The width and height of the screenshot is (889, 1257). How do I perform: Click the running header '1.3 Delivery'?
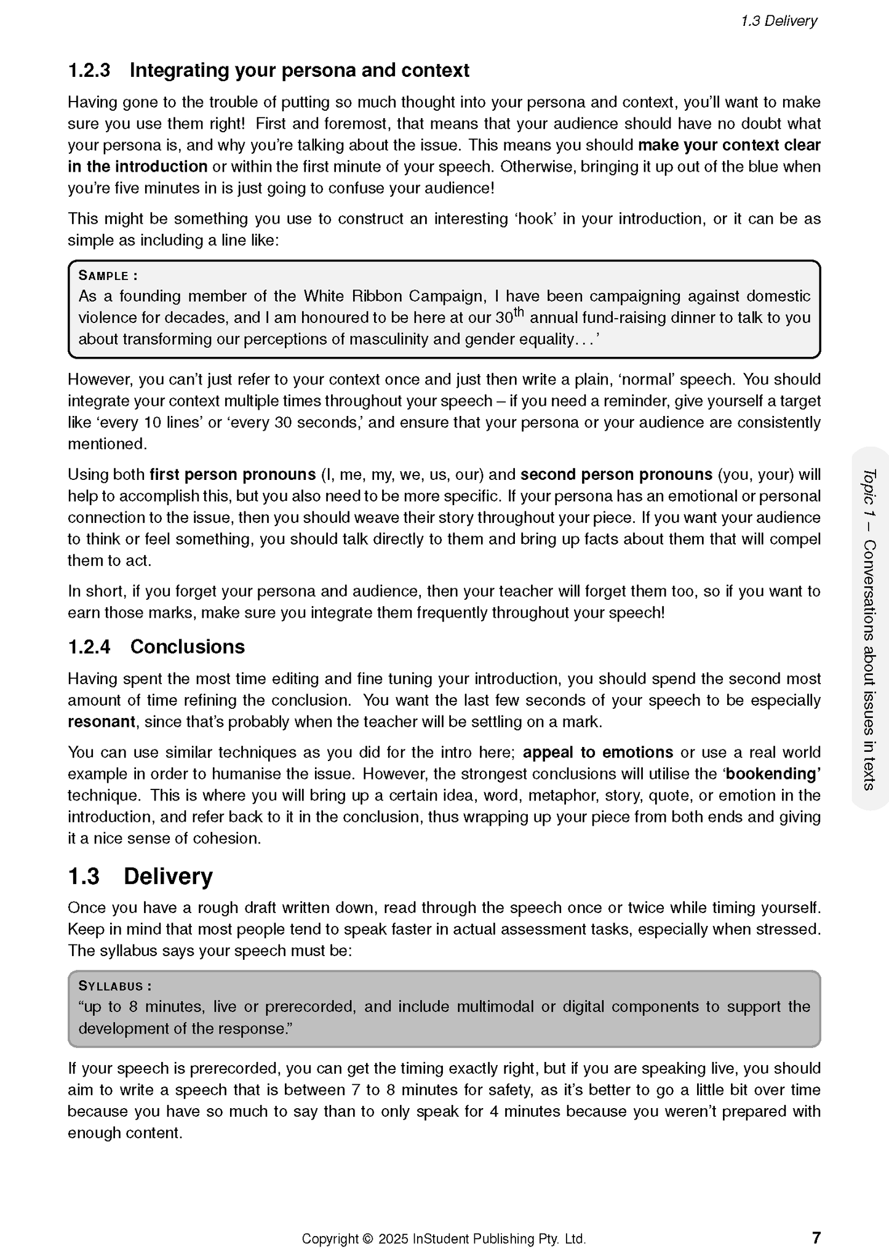coord(778,21)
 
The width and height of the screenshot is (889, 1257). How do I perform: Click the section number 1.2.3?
coord(89,71)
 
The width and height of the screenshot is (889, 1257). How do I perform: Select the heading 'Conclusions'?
coord(187,647)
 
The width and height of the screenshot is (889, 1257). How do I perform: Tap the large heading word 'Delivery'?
coord(168,876)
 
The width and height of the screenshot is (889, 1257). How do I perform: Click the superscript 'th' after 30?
coord(519,312)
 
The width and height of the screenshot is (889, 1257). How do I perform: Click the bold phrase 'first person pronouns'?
coord(233,474)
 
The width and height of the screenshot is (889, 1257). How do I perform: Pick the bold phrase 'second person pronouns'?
coord(616,474)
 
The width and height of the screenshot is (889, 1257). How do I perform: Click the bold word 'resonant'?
coord(101,722)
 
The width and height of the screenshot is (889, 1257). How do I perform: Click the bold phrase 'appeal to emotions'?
coord(597,752)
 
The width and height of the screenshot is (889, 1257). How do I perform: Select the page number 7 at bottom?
coord(816,1237)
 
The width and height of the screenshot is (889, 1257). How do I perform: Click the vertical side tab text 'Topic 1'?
coord(869,492)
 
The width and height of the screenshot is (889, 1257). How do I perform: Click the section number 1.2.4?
coord(89,647)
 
